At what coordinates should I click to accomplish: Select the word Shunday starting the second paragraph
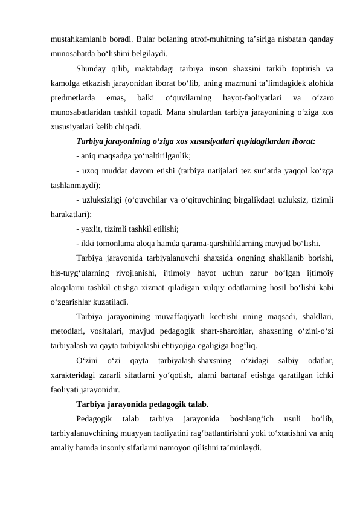click(x=95, y=68)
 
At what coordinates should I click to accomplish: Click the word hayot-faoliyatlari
click(x=249, y=97)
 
